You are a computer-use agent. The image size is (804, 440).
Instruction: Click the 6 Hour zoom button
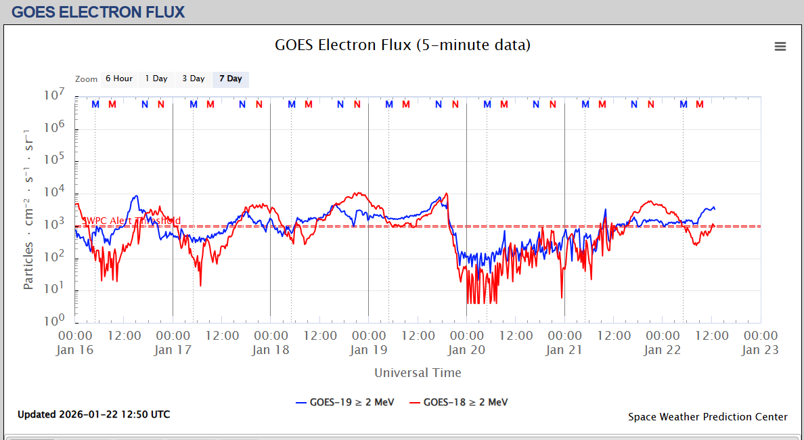pyautogui.click(x=118, y=79)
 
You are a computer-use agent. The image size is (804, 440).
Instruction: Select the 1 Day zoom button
pyautogui.click(x=156, y=79)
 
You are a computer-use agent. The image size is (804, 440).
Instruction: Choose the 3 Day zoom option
pyautogui.click(x=193, y=79)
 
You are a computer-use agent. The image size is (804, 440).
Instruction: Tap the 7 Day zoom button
pyautogui.click(x=230, y=79)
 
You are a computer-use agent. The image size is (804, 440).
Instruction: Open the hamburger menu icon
pyautogui.click(x=780, y=46)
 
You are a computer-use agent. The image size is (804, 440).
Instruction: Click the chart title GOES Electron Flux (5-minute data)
pyautogui.click(x=402, y=45)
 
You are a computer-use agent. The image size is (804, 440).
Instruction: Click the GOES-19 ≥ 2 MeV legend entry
pyautogui.click(x=344, y=402)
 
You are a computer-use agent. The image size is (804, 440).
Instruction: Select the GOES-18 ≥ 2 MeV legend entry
pyautogui.click(x=458, y=402)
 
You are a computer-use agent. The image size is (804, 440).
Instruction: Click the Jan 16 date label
pyautogui.click(x=76, y=350)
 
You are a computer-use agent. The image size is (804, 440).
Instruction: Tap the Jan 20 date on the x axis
pyautogui.click(x=466, y=350)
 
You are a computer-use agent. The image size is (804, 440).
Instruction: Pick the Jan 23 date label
pyautogui.click(x=761, y=350)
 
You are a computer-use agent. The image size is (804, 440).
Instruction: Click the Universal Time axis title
pyautogui.click(x=418, y=372)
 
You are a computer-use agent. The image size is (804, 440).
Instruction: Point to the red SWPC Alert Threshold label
pyautogui.click(x=131, y=221)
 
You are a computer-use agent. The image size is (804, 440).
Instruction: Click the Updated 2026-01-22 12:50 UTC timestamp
pyautogui.click(x=94, y=414)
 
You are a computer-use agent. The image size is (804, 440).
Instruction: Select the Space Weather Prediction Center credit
pyautogui.click(x=707, y=417)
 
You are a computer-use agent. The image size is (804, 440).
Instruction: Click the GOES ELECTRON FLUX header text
pyautogui.click(x=98, y=12)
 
